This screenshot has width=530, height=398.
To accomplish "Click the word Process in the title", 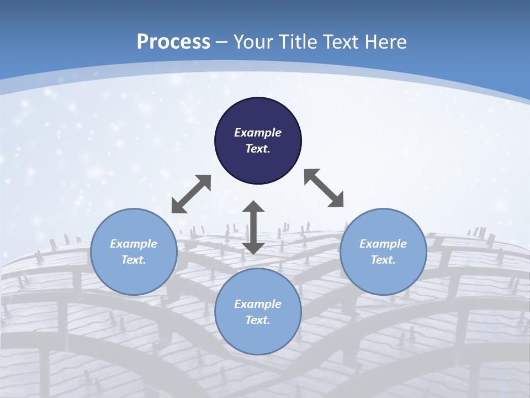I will tap(173, 42).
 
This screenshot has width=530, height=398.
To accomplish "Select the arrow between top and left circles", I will tap(191, 194).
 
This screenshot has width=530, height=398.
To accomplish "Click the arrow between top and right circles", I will tap(324, 188).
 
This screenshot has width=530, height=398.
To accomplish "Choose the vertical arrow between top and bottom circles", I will tap(253, 227).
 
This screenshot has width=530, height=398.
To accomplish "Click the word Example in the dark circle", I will tap(258, 133).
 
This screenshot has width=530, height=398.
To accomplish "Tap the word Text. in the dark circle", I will tap(258, 149).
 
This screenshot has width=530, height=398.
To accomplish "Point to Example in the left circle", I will tap(134, 244).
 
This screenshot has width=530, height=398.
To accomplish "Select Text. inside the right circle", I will tap(383, 260).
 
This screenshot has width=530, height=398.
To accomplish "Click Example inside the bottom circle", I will tap(258, 304).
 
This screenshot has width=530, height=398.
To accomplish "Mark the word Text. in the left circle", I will tap(134, 260).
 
